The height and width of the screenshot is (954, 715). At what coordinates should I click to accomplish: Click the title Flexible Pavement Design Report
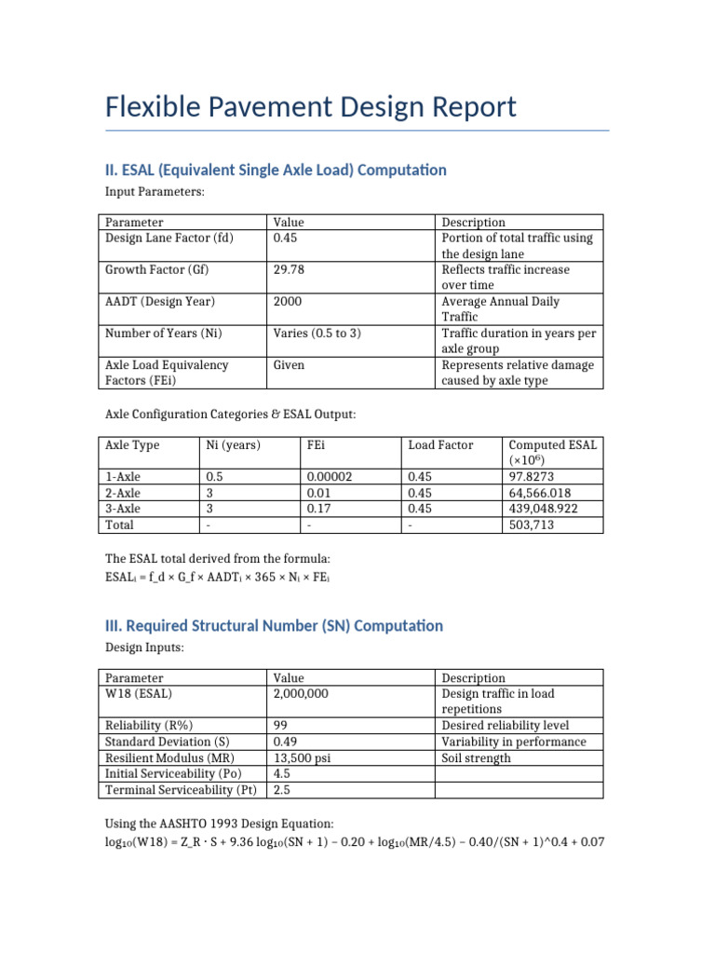coord(310,107)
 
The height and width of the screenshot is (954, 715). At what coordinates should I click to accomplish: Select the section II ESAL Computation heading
coord(276,170)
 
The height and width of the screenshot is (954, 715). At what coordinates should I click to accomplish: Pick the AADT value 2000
coord(288,301)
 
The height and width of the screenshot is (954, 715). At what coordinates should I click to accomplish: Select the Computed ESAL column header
coord(552,452)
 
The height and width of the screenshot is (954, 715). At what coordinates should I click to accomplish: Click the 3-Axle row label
coord(123,509)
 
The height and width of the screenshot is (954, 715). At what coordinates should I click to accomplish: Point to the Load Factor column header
coord(440,444)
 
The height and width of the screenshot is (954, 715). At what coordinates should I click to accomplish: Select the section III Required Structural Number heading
coord(274,625)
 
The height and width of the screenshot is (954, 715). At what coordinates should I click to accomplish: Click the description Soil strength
coord(476,757)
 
